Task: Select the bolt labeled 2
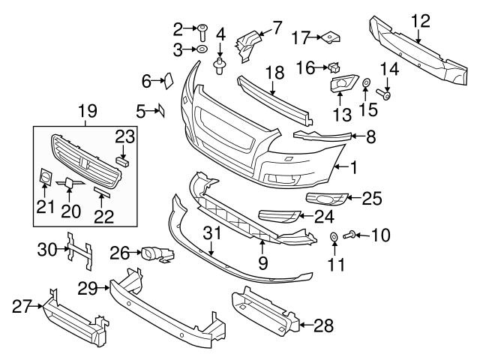click(x=202, y=31)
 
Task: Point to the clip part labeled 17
click(x=331, y=36)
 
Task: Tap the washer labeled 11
click(x=334, y=238)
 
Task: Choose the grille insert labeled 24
click(x=278, y=217)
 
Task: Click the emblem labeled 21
click(x=44, y=177)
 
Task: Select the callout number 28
click(x=322, y=325)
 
